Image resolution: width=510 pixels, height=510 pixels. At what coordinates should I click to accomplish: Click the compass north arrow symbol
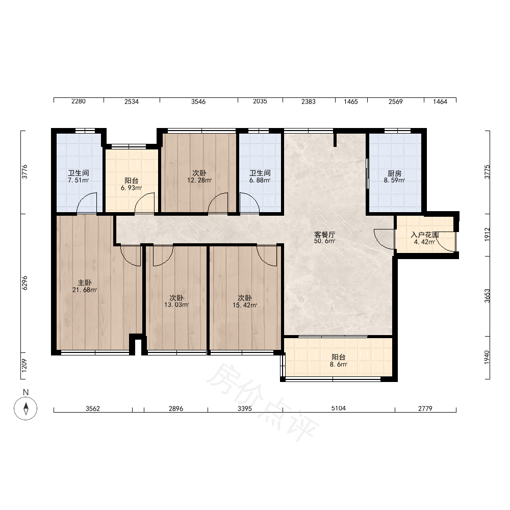point(25,408)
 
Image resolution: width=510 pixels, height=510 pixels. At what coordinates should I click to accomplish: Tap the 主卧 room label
point(85,283)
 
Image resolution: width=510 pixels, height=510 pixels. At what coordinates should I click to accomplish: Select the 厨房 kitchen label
point(395,173)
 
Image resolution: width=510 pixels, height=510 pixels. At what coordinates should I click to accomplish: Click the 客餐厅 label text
point(324,234)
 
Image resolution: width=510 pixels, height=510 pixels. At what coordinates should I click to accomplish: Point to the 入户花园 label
point(425,235)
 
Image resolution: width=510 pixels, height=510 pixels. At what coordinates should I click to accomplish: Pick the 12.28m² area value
point(199,180)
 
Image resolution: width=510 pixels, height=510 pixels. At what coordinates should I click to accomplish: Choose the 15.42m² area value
point(245,305)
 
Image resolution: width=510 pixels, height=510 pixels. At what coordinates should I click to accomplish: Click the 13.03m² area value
point(176,305)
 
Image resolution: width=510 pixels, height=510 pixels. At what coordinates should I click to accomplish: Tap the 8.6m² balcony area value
point(338,364)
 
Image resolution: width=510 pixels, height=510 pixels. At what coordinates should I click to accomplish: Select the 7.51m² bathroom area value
point(78,180)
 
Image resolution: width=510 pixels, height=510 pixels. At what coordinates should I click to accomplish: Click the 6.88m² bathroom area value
point(260,180)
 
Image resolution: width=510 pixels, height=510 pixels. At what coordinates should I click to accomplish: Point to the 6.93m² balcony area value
point(131,188)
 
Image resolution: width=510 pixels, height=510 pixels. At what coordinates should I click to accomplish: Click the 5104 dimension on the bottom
point(338,408)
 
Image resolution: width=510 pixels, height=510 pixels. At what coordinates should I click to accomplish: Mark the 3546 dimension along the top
point(198,101)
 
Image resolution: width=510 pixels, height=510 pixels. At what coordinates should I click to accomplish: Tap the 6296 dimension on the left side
point(24,283)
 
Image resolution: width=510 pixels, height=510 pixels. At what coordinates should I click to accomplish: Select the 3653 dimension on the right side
point(487,296)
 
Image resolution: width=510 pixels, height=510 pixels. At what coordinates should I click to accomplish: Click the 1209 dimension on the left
point(24,366)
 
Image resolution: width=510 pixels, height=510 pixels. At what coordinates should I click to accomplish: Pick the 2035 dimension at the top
point(260,101)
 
